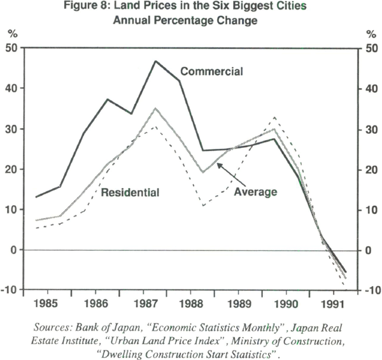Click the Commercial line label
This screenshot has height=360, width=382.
pos(212,71)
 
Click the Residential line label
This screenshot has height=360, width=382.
pos(130,192)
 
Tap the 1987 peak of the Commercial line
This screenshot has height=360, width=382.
pos(155,61)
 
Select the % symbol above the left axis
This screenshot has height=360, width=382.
pos(13,32)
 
